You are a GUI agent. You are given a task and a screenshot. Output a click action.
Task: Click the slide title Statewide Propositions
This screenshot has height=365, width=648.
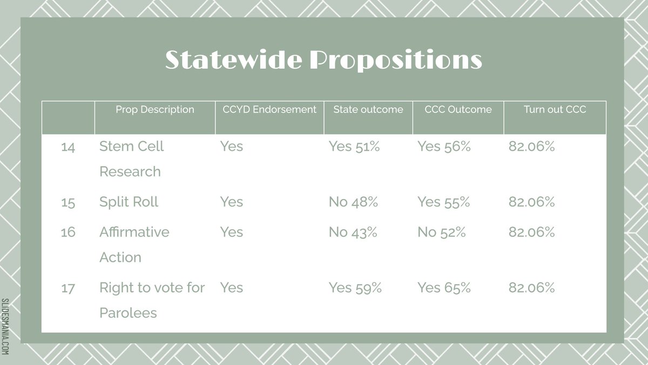click(x=323, y=59)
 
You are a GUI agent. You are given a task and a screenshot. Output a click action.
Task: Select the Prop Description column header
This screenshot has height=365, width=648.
click(x=155, y=110)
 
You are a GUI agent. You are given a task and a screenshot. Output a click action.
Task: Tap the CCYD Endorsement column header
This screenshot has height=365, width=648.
click(x=269, y=110)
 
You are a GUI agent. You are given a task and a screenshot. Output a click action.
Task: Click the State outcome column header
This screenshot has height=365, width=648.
click(x=368, y=110)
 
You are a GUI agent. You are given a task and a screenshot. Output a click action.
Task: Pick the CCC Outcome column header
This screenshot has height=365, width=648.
click(x=458, y=110)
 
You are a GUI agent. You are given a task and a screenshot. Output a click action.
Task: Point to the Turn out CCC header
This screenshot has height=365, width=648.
click(x=555, y=110)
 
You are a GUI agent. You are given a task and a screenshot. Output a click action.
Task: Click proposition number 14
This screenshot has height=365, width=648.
click(x=68, y=147)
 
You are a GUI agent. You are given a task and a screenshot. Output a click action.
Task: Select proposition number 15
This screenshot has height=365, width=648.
click(x=68, y=202)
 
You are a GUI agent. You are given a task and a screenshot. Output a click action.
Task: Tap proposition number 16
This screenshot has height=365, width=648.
click(x=68, y=233)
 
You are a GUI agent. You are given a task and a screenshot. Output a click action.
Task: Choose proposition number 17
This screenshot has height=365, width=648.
click(x=68, y=288)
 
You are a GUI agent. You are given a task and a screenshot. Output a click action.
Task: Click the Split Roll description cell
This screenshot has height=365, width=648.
click(x=129, y=202)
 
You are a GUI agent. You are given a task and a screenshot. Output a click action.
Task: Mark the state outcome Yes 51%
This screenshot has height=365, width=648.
click(x=354, y=147)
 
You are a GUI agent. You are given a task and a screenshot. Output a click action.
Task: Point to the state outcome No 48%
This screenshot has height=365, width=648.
click(x=353, y=202)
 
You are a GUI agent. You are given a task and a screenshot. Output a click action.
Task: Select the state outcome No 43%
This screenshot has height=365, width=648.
click(x=353, y=233)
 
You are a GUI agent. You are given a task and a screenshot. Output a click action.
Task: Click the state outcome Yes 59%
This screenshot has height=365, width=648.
click(x=355, y=288)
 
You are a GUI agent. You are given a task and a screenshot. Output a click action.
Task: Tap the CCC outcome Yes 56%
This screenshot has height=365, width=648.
click(x=444, y=147)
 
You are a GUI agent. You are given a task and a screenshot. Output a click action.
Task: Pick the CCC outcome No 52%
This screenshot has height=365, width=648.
click(x=442, y=233)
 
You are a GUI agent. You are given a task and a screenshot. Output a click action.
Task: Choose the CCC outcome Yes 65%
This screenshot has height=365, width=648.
click(x=444, y=288)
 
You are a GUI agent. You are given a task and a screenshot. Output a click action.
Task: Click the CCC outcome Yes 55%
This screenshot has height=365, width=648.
click(x=444, y=202)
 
